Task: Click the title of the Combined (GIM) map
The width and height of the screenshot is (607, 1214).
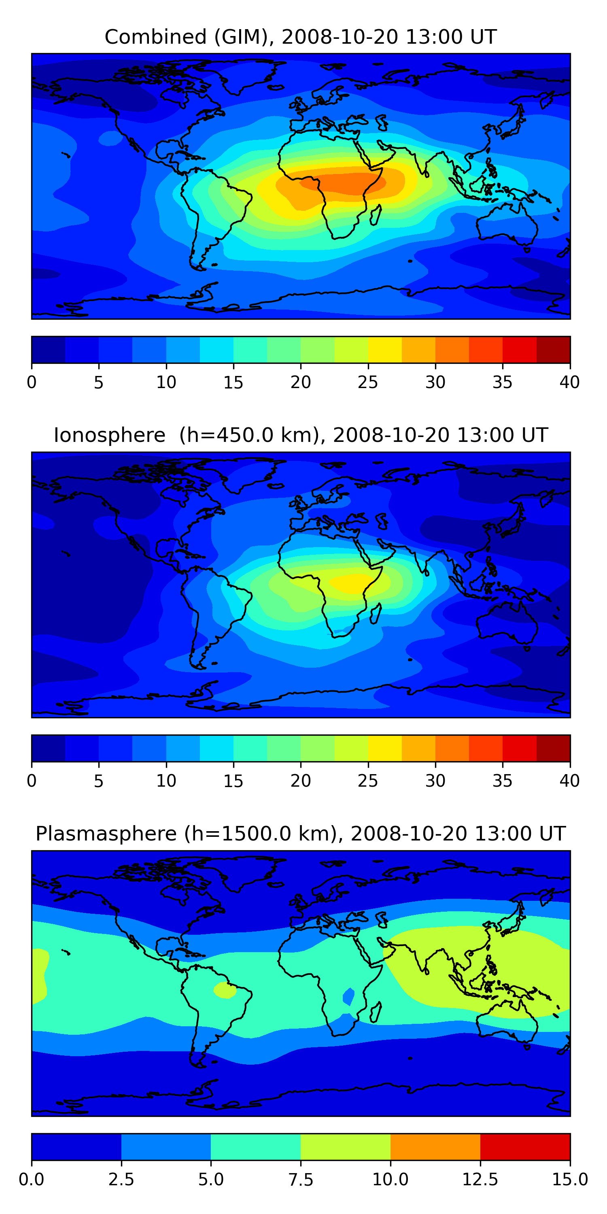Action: point(301,37)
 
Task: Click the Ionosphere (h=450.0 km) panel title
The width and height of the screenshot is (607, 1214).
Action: point(301,435)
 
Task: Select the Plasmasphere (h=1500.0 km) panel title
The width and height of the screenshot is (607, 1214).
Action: point(301,834)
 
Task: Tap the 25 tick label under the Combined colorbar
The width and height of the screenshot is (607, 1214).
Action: point(367,382)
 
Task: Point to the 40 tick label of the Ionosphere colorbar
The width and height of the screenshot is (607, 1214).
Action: point(569,781)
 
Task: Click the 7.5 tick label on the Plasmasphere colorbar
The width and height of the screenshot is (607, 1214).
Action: point(301,1179)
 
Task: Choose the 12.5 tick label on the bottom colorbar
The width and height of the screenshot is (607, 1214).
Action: point(480,1179)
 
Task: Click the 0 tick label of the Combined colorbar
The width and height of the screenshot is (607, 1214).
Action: point(32,382)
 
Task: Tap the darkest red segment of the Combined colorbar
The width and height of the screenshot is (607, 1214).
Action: point(553,350)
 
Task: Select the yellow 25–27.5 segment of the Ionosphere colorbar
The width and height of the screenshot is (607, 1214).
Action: point(384,748)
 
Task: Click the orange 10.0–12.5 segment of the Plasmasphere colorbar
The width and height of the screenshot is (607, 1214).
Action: point(435,1146)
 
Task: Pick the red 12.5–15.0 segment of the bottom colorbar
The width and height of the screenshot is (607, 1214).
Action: point(525,1146)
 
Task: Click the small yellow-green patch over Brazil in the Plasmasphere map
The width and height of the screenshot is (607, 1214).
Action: point(225,990)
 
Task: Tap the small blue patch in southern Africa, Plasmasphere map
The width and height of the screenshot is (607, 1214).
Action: point(349,996)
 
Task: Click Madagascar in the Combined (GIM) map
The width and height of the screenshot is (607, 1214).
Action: point(376,215)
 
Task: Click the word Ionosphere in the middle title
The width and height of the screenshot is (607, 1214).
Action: point(109,435)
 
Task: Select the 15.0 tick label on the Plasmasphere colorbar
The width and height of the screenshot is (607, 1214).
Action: point(569,1179)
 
